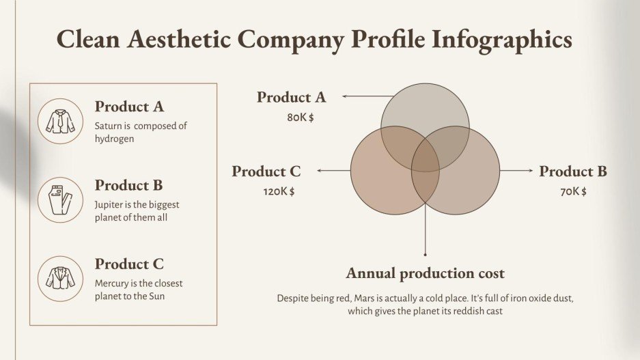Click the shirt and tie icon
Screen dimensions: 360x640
(x=60, y=121)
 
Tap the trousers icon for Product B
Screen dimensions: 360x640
(x=60, y=199)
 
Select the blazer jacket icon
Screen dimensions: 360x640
(x=60, y=278)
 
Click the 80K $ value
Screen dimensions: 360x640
(x=301, y=117)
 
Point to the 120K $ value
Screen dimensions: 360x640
(x=279, y=192)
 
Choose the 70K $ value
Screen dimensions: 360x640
(x=573, y=192)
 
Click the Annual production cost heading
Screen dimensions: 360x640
(x=425, y=274)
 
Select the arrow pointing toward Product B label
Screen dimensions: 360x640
(x=516, y=171)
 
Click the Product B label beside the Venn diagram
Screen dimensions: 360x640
(x=573, y=171)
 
